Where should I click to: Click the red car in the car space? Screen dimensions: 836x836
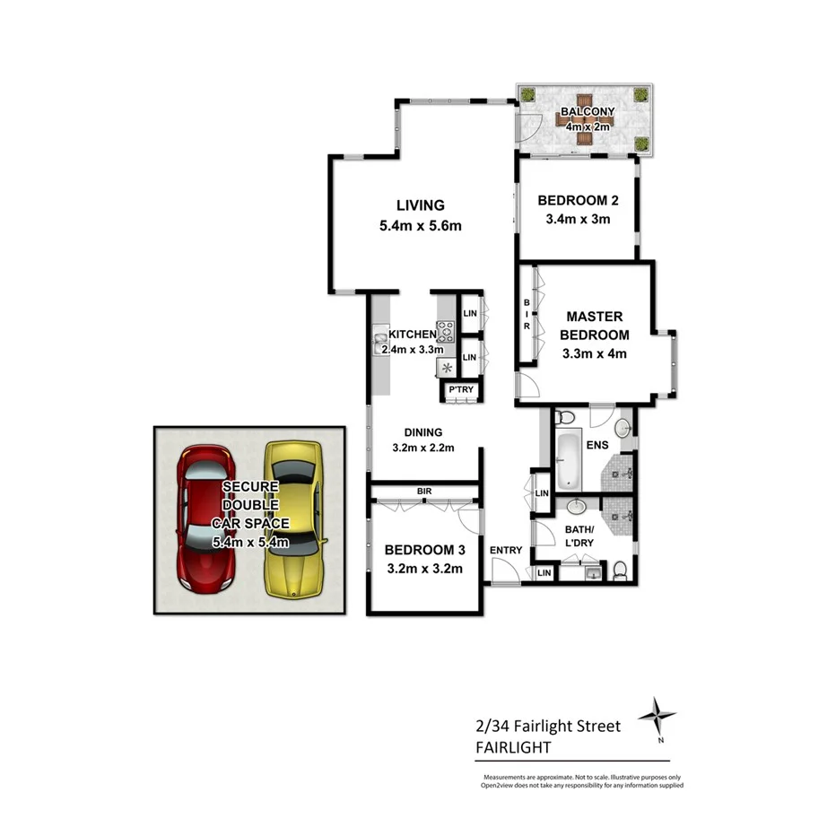(x=207, y=520)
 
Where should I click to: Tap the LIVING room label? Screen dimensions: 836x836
(x=421, y=205)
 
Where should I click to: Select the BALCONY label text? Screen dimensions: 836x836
(x=588, y=112)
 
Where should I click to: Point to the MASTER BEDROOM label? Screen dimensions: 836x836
(x=593, y=326)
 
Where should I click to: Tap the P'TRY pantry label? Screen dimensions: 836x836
(x=461, y=390)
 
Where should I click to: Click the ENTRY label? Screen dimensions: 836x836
(x=506, y=550)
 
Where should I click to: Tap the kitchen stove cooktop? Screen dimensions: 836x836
(x=446, y=332)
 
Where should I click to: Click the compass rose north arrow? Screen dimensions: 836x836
(x=658, y=717)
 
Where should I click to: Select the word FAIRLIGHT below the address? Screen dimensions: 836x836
(x=514, y=746)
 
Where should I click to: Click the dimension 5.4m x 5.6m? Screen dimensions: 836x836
(x=421, y=226)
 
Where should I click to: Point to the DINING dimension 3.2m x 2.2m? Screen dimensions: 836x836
(x=424, y=448)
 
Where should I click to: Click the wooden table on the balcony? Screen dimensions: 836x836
(x=587, y=114)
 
